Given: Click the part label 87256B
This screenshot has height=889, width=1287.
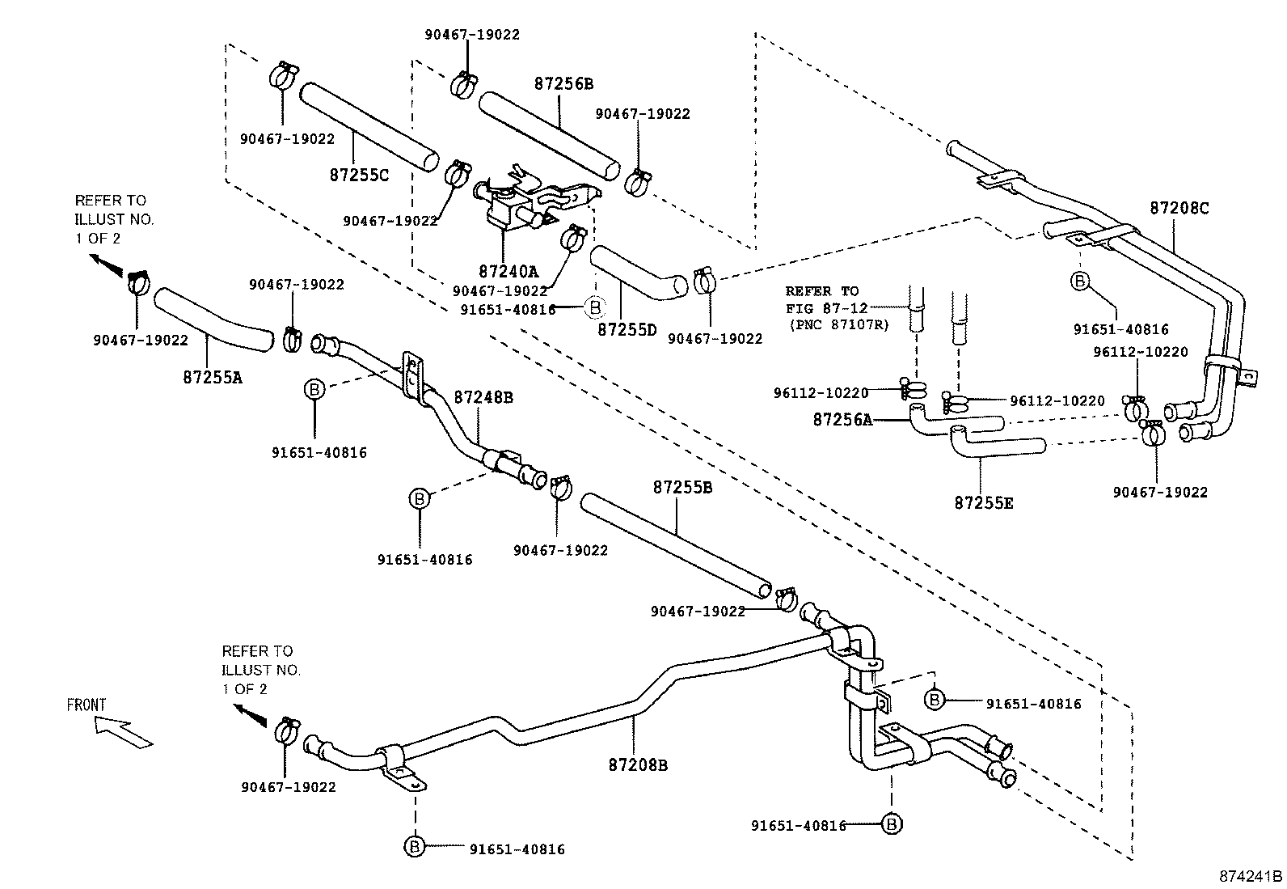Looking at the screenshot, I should click(x=563, y=84).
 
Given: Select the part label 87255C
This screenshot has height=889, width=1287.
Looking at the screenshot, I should click(x=360, y=174).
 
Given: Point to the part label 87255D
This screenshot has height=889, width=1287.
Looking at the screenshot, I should click(x=627, y=330).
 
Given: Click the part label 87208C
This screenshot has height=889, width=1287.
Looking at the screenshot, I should click(x=1179, y=208).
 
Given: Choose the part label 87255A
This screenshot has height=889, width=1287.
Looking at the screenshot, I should click(x=213, y=376).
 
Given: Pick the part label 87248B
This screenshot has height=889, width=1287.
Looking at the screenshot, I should click(x=483, y=397).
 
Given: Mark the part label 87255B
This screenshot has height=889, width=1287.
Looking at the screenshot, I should click(x=682, y=488).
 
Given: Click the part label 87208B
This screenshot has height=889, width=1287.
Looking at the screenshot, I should click(x=638, y=764).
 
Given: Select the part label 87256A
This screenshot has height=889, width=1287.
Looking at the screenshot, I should click(x=842, y=419).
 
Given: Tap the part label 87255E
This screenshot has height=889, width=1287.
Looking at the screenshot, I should click(x=983, y=502).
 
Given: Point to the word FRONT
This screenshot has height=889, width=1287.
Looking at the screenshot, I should click(x=87, y=705).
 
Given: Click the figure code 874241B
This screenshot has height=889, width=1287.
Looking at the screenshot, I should click(x=1251, y=876).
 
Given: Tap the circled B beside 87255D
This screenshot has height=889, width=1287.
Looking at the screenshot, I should click(x=594, y=307).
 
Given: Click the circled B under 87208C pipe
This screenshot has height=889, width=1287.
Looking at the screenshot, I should click(x=1080, y=282).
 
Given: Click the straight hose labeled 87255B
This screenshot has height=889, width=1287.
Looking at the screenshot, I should click(x=676, y=546).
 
